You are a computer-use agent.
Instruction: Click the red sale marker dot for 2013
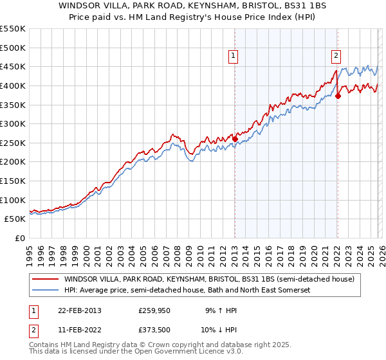click(235, 138)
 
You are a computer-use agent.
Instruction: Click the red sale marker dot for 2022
click(338, 96)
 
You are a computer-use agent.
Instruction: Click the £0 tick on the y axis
click(21, 238)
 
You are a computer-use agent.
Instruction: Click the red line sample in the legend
click(44, 280)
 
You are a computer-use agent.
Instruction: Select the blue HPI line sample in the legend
click(44, 291)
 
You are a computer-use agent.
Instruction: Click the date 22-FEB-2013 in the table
click(73, 310)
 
